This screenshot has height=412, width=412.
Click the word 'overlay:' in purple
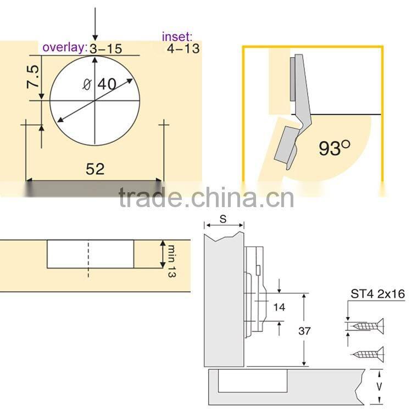tap(65, 48)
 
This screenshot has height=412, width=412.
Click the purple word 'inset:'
tap(177, 37)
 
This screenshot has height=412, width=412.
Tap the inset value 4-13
tap(182, 48)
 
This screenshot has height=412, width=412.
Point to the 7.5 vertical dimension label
tap(33, 79)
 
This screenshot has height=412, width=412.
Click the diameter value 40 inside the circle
tap(107, 85)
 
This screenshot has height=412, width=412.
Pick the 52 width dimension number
tap(94, 169)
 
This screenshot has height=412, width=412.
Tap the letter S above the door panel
tap(223, 218)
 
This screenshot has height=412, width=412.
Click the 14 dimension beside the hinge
tap(279, 307)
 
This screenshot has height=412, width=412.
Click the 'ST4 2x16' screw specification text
tap(377, 294)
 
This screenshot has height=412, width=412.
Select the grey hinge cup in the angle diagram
tap(287, 144)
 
